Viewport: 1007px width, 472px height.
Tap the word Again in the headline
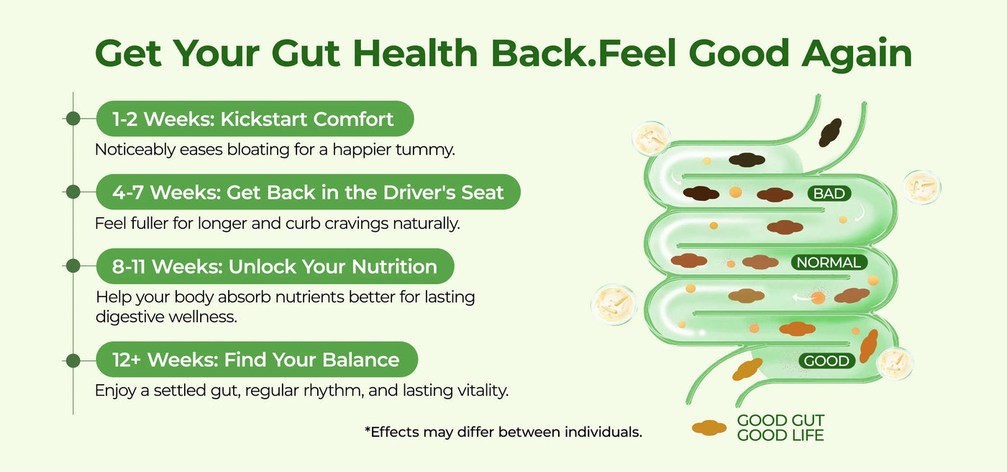click(x=857, y=55)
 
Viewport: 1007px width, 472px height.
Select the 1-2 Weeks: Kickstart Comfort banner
click(x=255, y=119)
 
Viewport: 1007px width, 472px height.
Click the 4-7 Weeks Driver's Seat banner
click(x=309, y=192)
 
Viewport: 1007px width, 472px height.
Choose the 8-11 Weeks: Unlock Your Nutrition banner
click(x=275, y=266)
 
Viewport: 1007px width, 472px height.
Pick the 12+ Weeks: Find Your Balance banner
click(x=258, y=359)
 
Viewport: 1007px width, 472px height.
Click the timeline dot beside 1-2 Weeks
click(x=73, y=119)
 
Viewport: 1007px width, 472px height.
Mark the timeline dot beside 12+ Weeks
click(x=73, y=360)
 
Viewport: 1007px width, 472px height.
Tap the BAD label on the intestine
click(x=829, y=194)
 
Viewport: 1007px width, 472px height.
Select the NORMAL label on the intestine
click(x=829, y=263)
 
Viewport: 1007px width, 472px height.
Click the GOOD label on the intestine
click(x=826, y=360)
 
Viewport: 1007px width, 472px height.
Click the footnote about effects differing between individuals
click(x=503, y=432)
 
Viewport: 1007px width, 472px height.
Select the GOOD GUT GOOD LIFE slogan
click(x=780, y=427)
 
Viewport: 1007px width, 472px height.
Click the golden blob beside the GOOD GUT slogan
click(x=709, y=427)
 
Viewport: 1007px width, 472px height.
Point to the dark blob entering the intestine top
click(x=830, y=132)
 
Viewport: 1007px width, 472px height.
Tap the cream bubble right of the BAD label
click(x=922, y=188)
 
